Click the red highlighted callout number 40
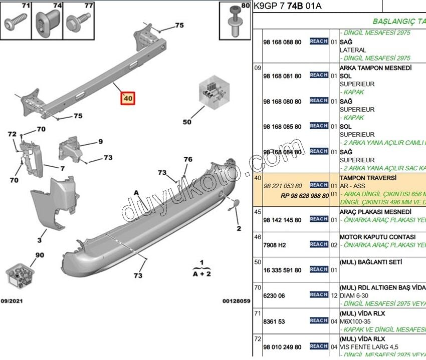(x=127, y=99)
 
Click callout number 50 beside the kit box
(x=187, y=122)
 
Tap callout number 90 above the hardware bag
(x=40, y=255)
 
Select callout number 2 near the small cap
(x=239, y=228)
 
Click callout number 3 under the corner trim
(x=39, y=240)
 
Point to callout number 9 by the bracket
(x=100, y=142)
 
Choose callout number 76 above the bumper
(x=188, y=160)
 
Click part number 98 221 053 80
(x=282, y=186)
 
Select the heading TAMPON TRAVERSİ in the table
(x=368, y=178)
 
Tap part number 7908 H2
(x=274, y=245)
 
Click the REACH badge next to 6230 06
(x=319, y=295)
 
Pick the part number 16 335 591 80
(x=282, y=270)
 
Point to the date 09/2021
(x=12, y=301)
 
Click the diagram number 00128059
(x=236, y=301)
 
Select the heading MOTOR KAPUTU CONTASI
(x=377, y=237)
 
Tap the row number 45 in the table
(x=258, y=211)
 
